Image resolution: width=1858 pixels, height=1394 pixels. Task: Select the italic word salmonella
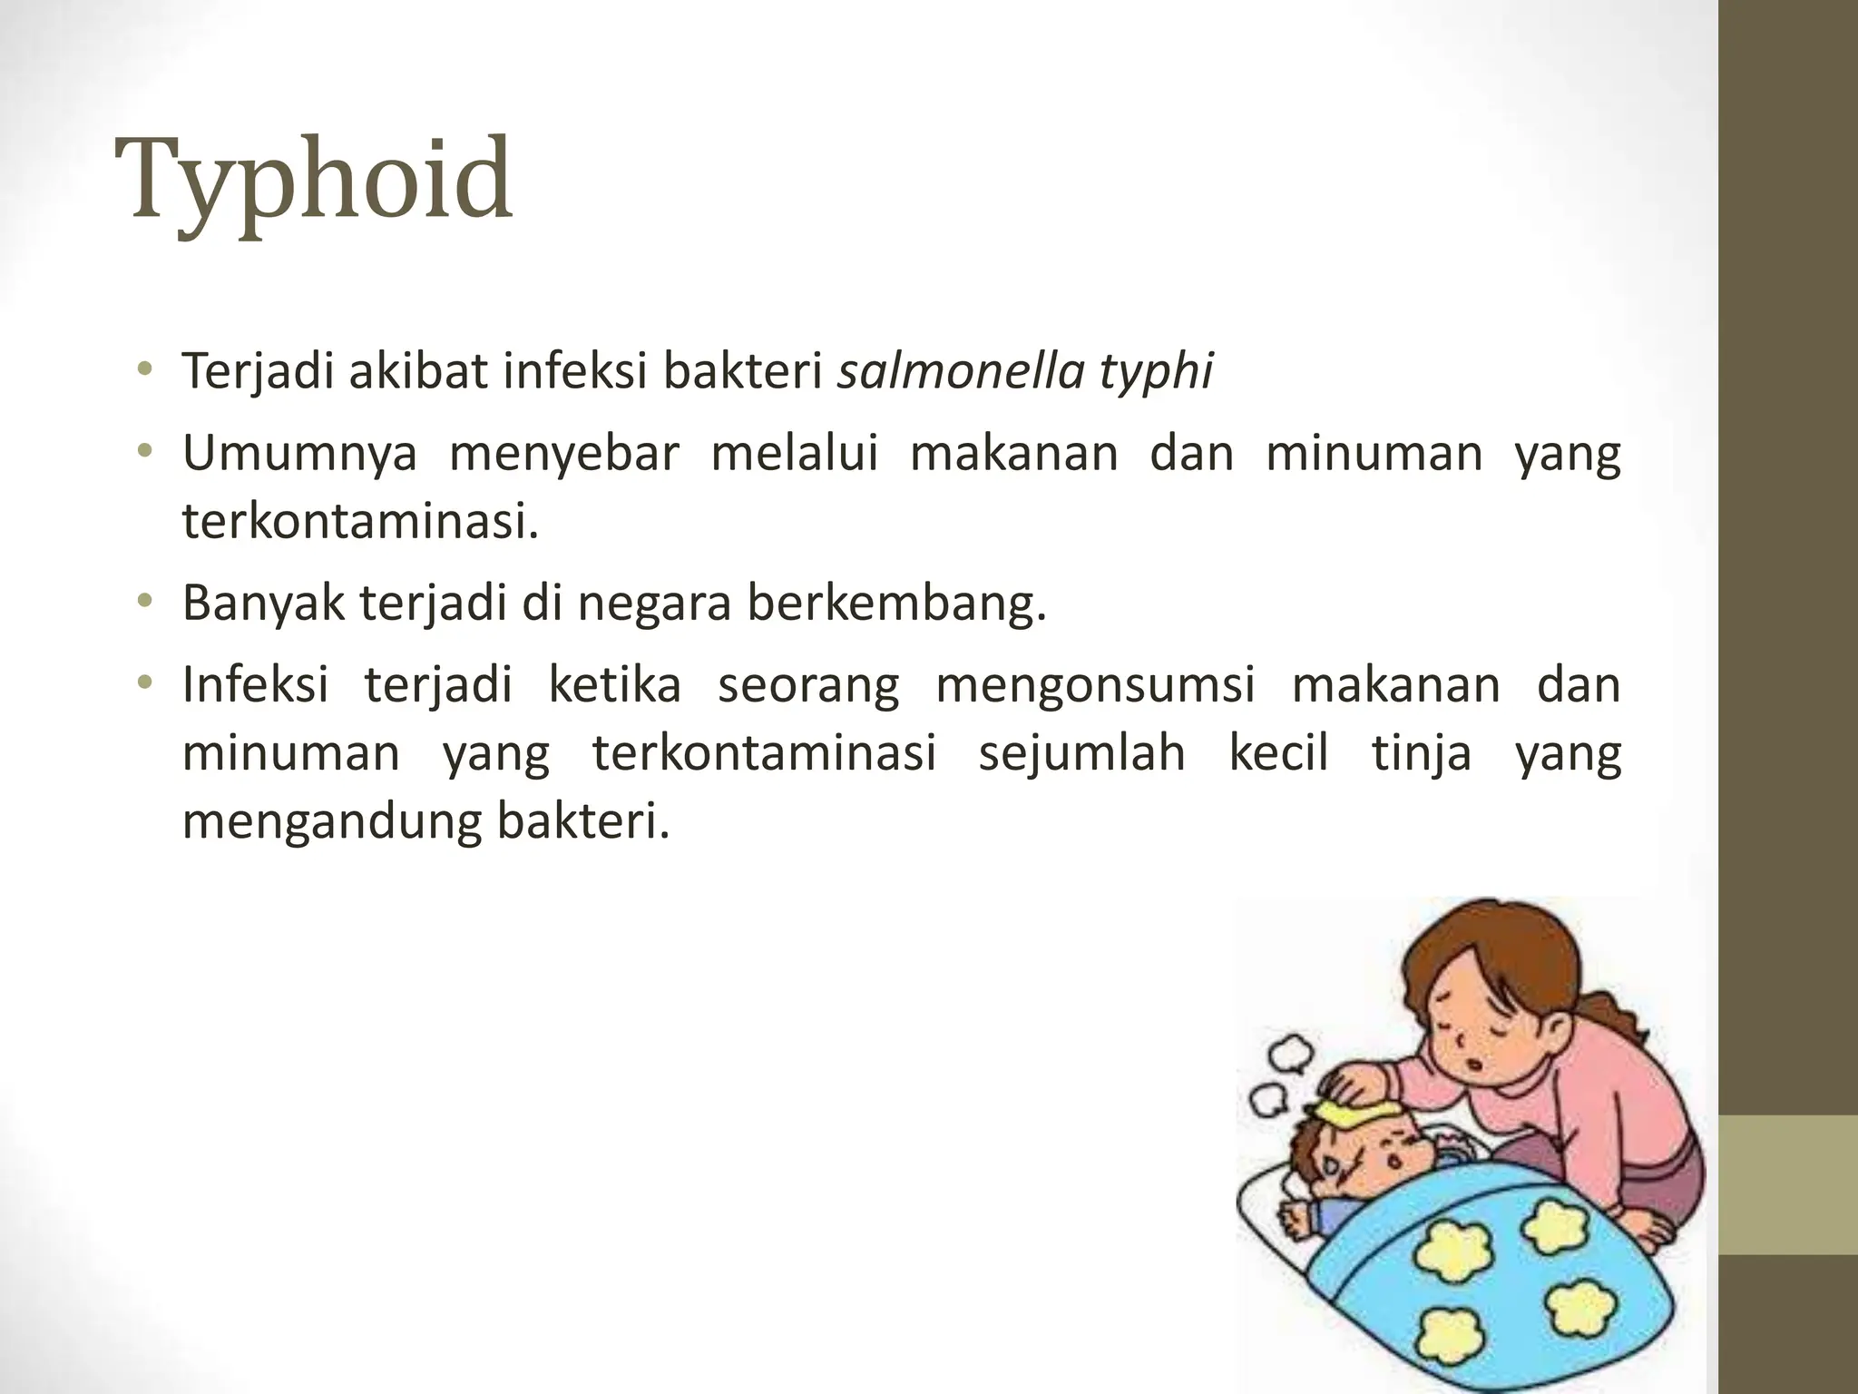(x=960, y=371)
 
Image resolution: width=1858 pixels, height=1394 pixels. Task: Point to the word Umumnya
(x=299, y=454)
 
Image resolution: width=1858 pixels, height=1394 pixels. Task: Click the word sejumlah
(x=1081, y=753)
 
